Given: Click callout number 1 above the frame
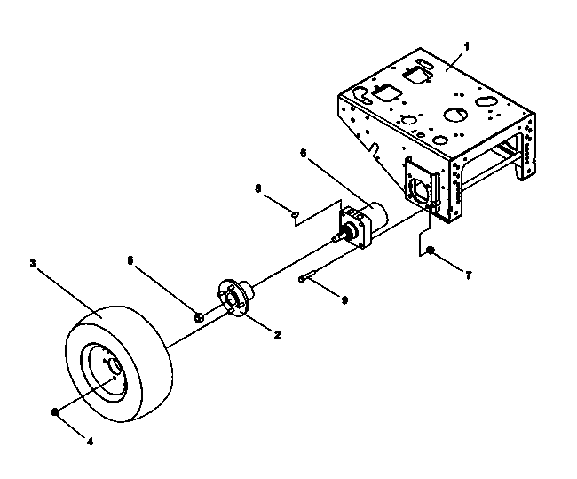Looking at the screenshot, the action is pyautogui.click(x=467, y=46).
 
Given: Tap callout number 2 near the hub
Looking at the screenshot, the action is pyautogui.click(x=277, y=334).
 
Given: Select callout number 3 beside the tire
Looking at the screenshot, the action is pyautogui.click(x=33, y=263).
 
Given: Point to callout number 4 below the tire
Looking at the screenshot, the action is pyautogui.click(x=90, y=441).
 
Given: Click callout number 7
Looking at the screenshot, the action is pyautogui.click(x=468, y=275).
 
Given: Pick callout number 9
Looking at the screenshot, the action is pyautogui.click(x=344, y=299).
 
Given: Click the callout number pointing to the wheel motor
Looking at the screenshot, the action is pyautogui.click(x=304, y=153).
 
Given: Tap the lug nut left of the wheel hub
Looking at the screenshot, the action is pyautogui.click(x=199, y=317).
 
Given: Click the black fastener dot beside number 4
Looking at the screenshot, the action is pyautogui.click(x=55, y=412).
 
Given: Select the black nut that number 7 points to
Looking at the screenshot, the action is pyautogui.click(x=430, y=251).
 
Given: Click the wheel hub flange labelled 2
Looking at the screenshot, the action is pyautogui.click(x=234, y=297).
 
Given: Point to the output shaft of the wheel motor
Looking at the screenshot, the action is pyautogui.click(x=341, y=235).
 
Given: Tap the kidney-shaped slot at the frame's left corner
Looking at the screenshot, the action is pyautogui.click(x=362, y=95).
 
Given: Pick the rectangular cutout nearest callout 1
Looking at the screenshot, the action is pyautogui.click(x=418, y=75).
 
